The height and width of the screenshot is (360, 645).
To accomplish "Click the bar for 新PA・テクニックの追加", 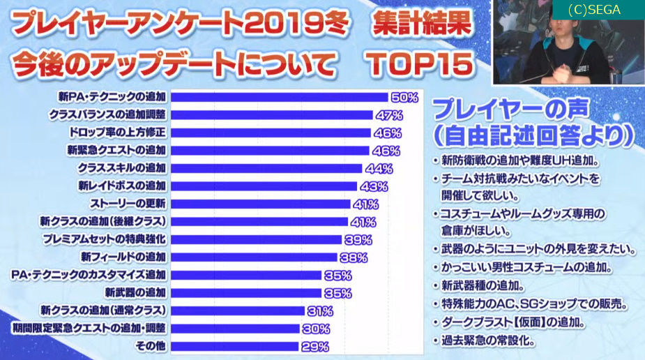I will click(x=279, y=97).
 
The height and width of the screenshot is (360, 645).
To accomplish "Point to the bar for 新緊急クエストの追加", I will click(x=269, y=150).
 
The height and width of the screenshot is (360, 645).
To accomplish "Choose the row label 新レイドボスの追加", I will click(x=122, y=186).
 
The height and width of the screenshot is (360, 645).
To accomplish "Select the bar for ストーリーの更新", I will click(x=260, y=204).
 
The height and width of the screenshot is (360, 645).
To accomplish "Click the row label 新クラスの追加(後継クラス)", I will click(x=103, y=221).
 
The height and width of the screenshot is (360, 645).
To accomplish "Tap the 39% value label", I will click(x=358, y=239).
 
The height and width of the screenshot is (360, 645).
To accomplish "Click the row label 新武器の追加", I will click(x=135, y=292).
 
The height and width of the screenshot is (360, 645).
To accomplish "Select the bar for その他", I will click(x=234, y=346).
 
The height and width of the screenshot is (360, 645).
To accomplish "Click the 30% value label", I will click(x=315, y=329).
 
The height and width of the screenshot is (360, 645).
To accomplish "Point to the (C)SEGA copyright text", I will click(x=594, y=10).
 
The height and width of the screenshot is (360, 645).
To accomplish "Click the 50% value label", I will click(x=404, y=97).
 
